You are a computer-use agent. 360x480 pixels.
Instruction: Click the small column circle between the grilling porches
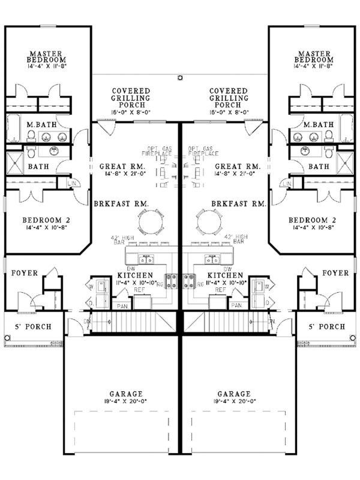click(180, 77)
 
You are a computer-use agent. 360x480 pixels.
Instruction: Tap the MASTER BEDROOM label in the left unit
click(46, 56)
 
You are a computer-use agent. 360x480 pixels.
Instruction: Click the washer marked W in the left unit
click(91, 286)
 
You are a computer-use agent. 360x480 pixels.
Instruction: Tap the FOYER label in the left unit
click(25, 273)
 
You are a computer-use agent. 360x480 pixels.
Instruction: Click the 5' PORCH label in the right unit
click(326, 327)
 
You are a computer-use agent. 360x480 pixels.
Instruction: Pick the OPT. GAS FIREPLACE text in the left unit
click(159, 152)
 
